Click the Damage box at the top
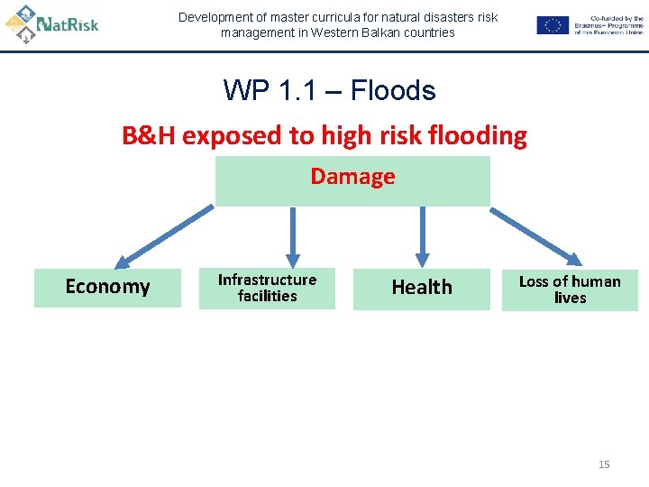point(352,180)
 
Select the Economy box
point(107,287)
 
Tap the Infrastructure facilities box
point(267,288)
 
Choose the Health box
point(421,288)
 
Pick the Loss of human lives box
point(570,289)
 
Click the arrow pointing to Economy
point(166,236)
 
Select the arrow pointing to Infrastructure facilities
point(292,237)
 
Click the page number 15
point(604,464)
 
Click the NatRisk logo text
point(69,24)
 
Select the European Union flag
point(553,25)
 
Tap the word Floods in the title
point(392,91)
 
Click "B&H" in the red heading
point(150,136)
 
